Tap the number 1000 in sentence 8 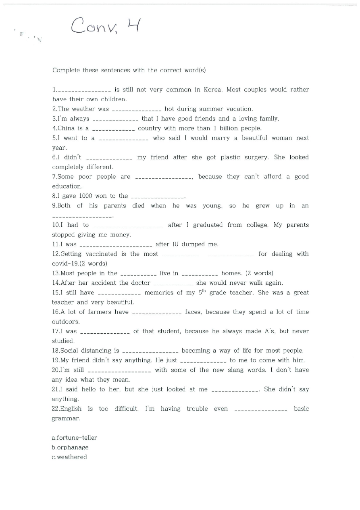[x=85, y=196]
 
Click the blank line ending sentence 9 [x=82, y=217]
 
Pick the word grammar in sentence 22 [x=65, y=419]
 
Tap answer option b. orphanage [x=70, y=447]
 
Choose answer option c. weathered [x=69, y=457]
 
